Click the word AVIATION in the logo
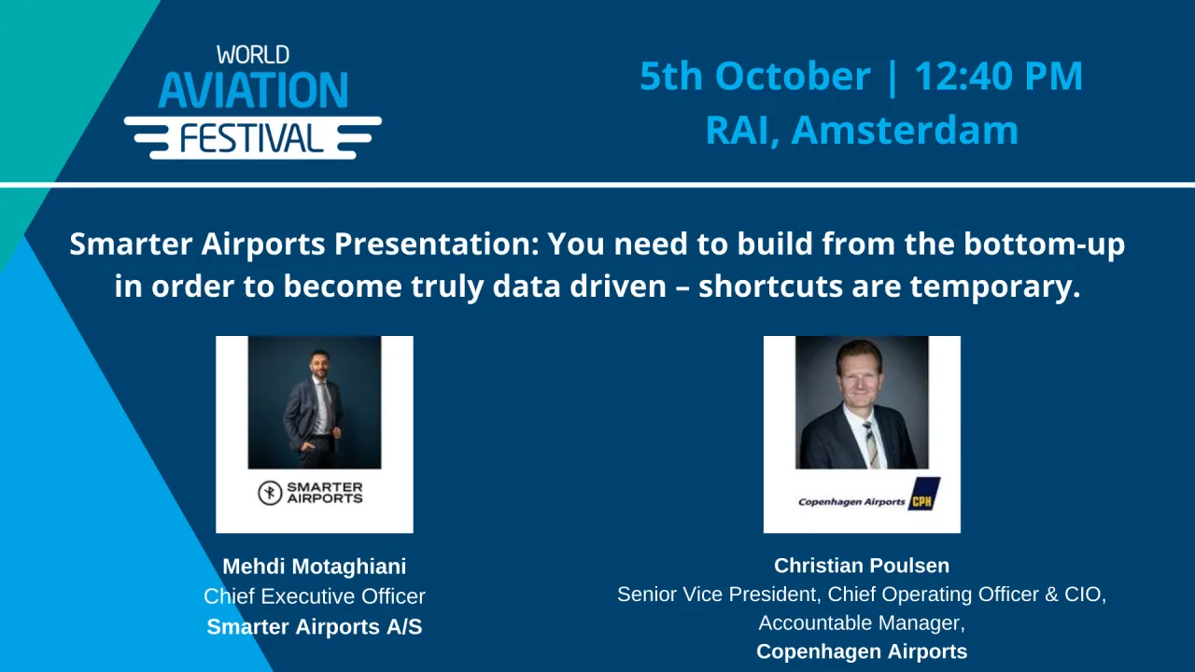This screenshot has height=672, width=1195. pos(253,91)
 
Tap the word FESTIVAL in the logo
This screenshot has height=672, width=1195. pos(252,138)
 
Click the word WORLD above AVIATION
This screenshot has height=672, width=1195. pos(253,55)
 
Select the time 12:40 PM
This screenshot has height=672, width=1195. pos(998,76)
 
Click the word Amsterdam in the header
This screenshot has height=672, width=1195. pos(905,129)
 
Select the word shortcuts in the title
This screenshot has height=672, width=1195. pos(770,287)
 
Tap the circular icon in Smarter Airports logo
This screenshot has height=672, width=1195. pos(270,493)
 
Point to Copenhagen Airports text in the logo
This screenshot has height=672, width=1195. pos(851,501)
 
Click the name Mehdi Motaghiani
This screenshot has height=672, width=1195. pos(315,567)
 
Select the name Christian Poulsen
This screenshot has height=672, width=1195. pos(861,566)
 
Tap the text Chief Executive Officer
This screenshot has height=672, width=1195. pos(315,596)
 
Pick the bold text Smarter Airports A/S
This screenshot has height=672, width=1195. pos(315,627)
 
